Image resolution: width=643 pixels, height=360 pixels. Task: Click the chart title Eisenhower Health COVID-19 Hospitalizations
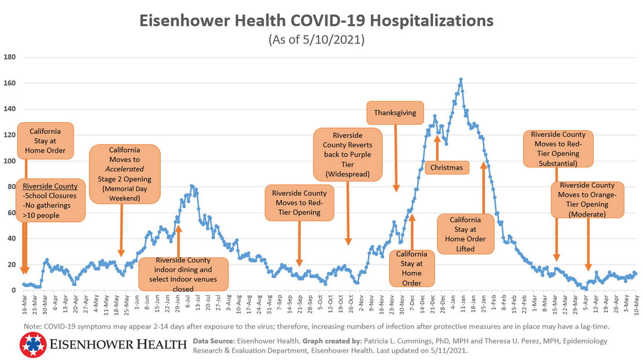(x=316, y=21)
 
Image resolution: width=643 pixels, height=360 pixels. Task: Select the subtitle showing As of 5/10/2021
(x=316, y=40)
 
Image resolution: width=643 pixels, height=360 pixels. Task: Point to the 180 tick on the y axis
(x=10, y=57)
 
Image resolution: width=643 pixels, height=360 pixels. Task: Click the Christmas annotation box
(x=447, y=167)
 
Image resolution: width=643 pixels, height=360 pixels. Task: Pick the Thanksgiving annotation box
(x=395, y=113)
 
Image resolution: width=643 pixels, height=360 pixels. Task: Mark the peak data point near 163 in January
(x=461, y=79)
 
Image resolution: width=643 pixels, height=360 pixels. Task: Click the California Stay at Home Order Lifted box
(x=465, y=234)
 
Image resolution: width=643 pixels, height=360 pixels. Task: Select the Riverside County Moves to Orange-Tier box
(x=588, y=199)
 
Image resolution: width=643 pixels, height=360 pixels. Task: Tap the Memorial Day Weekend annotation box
(x=124, y=174)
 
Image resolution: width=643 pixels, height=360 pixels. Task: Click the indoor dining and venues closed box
(x=183, y=274)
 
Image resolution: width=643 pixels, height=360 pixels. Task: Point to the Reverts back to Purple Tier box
(x=348, y=154)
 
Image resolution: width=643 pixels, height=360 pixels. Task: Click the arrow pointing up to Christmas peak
(x=437, y=147)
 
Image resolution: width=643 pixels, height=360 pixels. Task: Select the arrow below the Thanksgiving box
(x=396, y=158)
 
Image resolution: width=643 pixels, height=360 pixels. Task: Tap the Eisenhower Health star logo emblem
(x=32, y=345)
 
